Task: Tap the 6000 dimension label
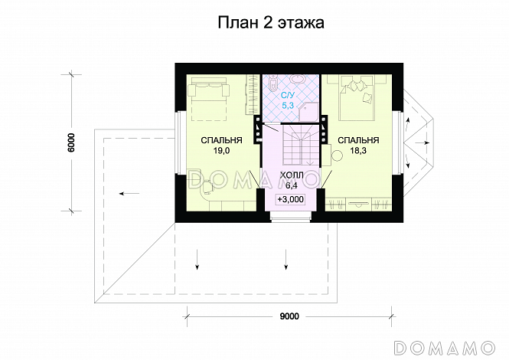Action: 70,143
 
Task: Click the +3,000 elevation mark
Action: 291,199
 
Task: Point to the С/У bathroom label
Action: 287,96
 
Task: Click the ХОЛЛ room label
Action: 291,175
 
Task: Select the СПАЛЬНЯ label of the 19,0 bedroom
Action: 222,141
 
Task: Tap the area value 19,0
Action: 222,152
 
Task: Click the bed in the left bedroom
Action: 210,98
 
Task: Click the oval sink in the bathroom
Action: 297,79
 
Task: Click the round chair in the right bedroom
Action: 337,156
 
